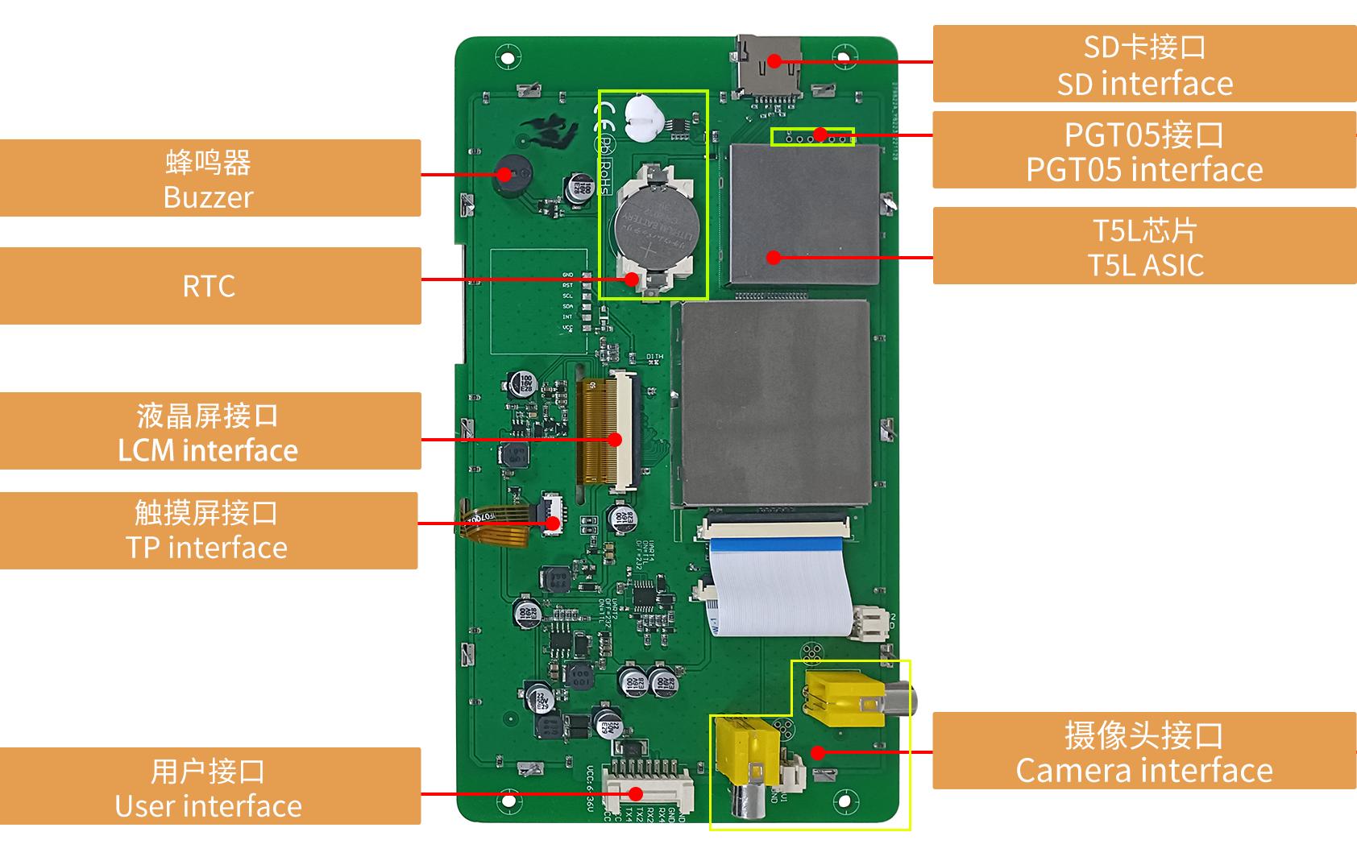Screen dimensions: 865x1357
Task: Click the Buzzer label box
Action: point(210,178)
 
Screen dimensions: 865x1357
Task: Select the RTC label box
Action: point(210,286)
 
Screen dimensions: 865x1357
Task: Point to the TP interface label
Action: point(208,531)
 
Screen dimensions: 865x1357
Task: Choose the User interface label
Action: point(210,786)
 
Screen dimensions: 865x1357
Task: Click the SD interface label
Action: point(1144,64)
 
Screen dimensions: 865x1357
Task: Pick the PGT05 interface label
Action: point(1144,151)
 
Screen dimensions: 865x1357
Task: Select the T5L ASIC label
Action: point(1144,246)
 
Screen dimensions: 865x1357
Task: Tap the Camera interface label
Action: point(1144,751)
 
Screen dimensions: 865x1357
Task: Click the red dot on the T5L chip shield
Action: point(774,258)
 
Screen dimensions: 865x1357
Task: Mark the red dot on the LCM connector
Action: point(615,440)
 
